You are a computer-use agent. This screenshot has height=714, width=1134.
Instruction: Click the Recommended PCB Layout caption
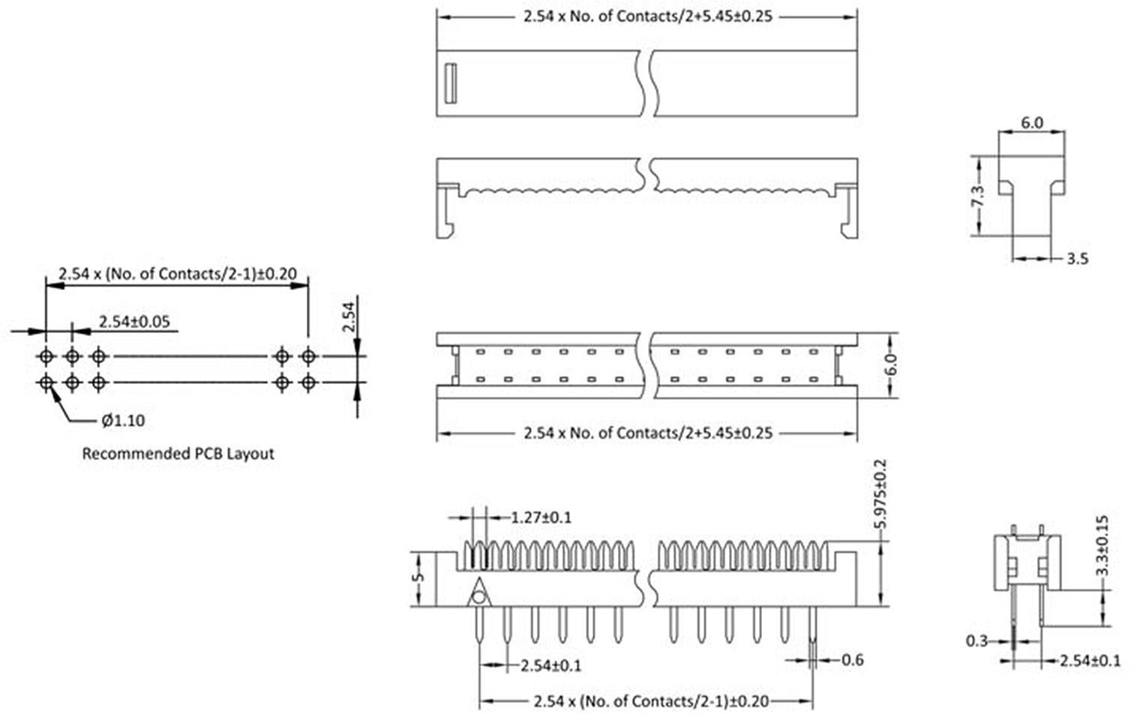(x=178, y=454)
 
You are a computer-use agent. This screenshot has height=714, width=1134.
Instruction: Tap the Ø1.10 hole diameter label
(x=123, y=421)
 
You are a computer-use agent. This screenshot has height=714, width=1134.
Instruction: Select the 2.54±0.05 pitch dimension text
(x=135, y=322)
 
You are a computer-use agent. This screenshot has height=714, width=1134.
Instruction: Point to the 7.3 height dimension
(x=976, y=196)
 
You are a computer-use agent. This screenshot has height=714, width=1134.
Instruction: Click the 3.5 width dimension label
(x=1077, y=259)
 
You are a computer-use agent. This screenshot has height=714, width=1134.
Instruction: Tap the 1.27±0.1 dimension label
(x=541, y=517)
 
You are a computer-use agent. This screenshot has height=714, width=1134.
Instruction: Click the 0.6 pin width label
(x=853, y=660)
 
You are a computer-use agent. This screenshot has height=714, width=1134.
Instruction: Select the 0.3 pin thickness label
(x=976, y=641)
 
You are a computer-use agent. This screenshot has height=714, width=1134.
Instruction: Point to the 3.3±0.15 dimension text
(x=1102, y=545)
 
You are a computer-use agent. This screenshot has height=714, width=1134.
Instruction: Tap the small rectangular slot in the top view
(x=450, y=83)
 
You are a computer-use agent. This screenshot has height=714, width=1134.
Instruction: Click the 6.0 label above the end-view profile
(x=1031, y=123)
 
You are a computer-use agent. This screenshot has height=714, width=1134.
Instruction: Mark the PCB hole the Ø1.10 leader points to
(x=46, y=383)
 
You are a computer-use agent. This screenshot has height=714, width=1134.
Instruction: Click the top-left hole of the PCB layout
(x=46, y=355)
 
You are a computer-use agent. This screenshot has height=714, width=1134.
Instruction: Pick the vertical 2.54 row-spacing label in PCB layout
(x=348, y=316)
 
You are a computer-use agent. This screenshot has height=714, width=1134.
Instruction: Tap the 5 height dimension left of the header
(x=420, y=578)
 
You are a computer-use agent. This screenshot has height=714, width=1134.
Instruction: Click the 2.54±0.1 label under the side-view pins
(x=550, y=665)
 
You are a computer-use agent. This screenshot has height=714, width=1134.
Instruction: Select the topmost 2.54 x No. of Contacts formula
(x=647, y=16)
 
